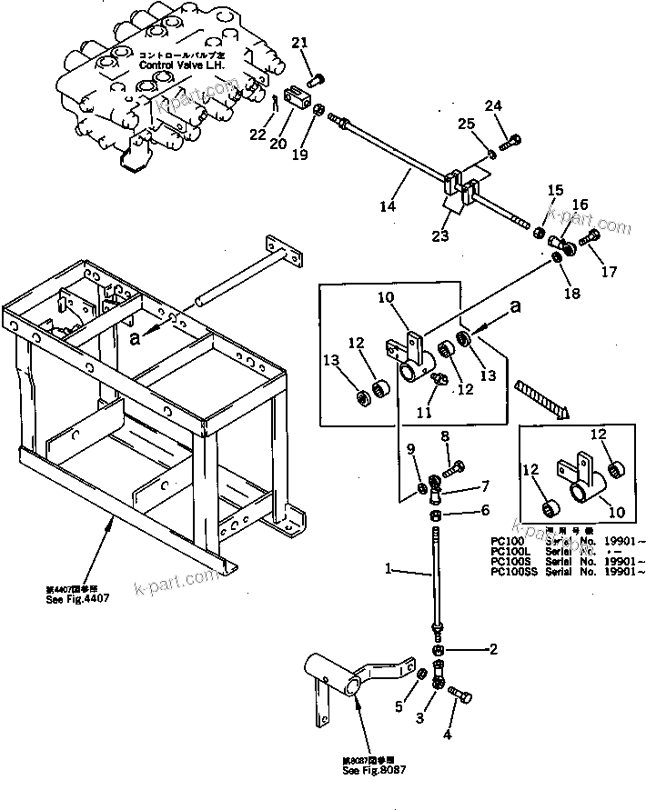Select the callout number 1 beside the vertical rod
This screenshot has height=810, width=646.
pos(388,570)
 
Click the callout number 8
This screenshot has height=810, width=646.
pos(444,436)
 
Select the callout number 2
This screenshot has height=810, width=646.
pos(494,649)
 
